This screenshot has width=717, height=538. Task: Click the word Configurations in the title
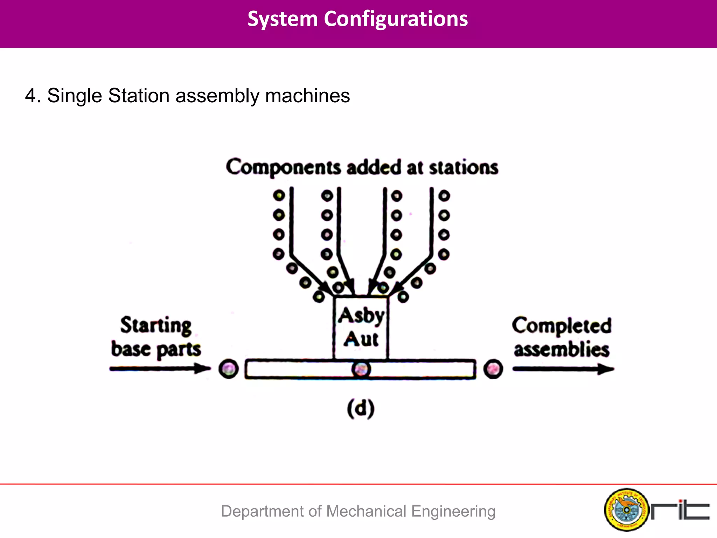click(x=396, y=19)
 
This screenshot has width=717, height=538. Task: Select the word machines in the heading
click(x=307, y=96)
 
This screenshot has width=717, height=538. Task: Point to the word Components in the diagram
click(x=283, y=167)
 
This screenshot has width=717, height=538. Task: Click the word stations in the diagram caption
click(x=464, y=167)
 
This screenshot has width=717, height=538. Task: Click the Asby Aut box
click(x=361, y=327)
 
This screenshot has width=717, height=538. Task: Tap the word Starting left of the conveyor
click(x=156, y=325)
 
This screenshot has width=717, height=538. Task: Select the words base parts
click(x=156, y=349)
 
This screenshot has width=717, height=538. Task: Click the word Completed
click(x=562, y=325)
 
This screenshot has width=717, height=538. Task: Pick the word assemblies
click(x=562, y=349)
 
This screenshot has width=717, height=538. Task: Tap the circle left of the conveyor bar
click(x=229, y=369)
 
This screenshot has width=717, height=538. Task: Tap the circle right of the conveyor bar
click(x=493, y=369)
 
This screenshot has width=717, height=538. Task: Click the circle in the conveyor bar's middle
click(x=361, y=369)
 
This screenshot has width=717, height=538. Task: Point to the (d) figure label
click(x=361, y=408)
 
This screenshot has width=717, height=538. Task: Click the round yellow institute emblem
click(x=626, y=510)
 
